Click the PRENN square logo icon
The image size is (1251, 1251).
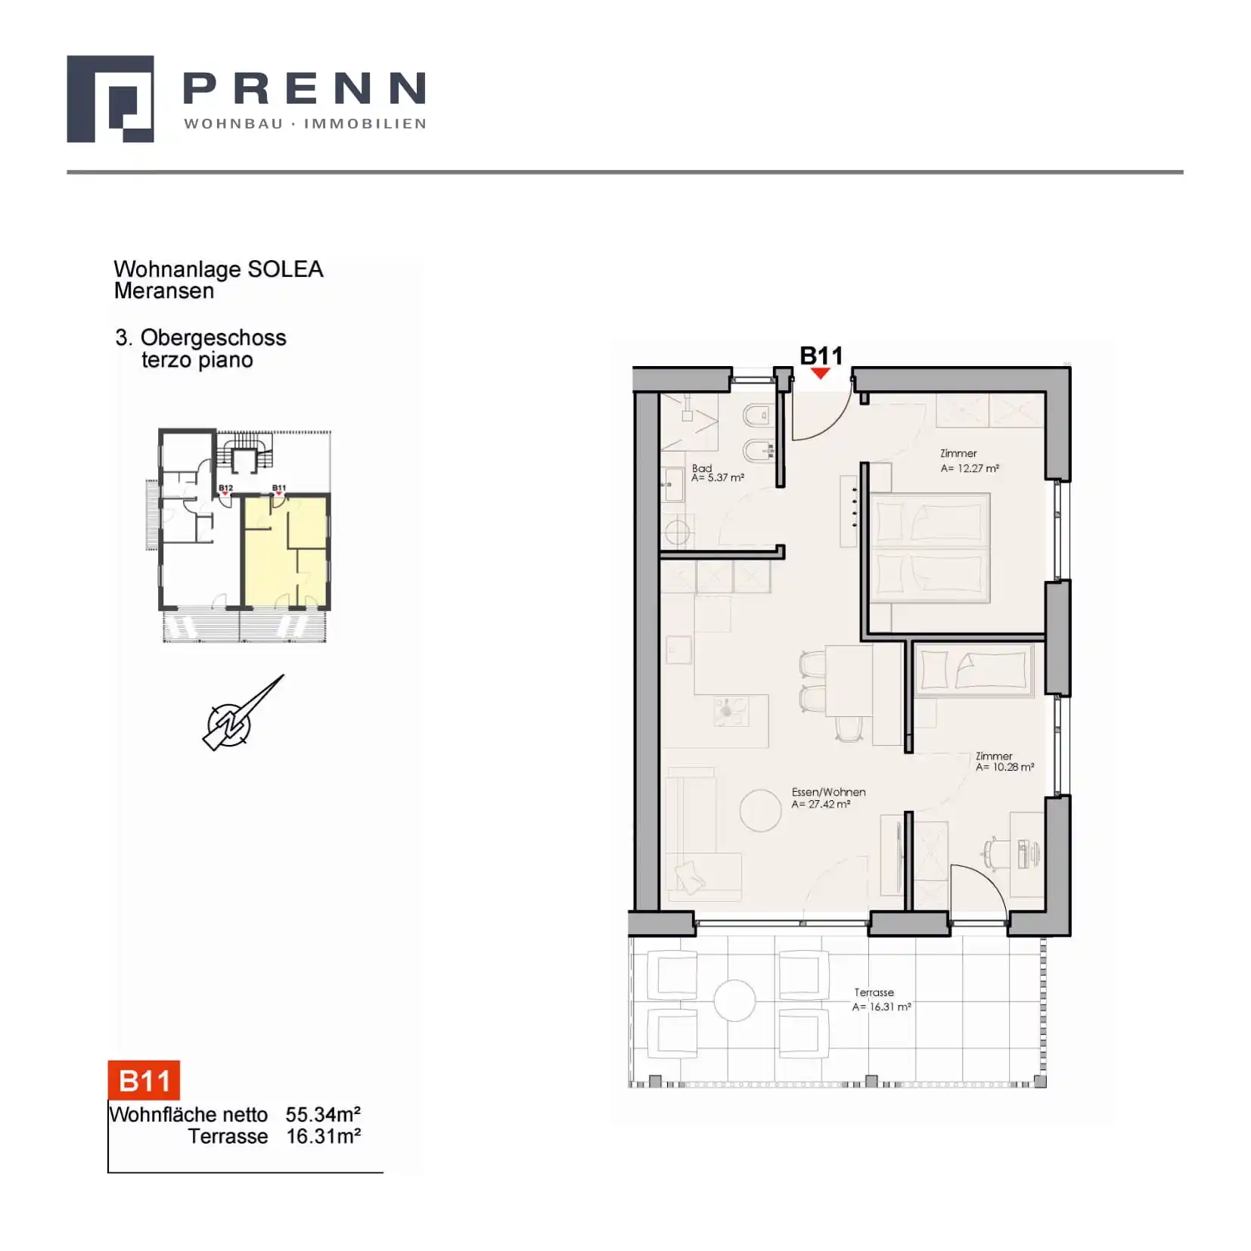[110, 98]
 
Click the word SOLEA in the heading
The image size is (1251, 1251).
[285, 269]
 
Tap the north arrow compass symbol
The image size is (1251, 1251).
[243, 712]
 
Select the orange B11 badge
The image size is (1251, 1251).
[144, 1080]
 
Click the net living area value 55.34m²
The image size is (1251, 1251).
[323, 1114]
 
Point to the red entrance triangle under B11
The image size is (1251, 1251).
[821, 373]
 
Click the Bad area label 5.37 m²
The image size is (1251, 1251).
[718, 478]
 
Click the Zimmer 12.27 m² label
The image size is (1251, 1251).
[970, 461]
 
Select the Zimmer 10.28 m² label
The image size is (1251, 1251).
[1004, 762]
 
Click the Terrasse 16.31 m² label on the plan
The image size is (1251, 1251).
[881, 999]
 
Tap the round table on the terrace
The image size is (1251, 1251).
[734, 1001]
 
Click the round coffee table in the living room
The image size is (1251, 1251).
[760, 811]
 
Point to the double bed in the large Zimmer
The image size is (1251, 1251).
[930, 548]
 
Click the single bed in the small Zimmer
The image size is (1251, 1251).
[973, 670]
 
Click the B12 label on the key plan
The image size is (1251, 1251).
[225, 488]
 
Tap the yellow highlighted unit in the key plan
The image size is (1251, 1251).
[285, 551]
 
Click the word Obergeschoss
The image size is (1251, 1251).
[213, 338]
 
